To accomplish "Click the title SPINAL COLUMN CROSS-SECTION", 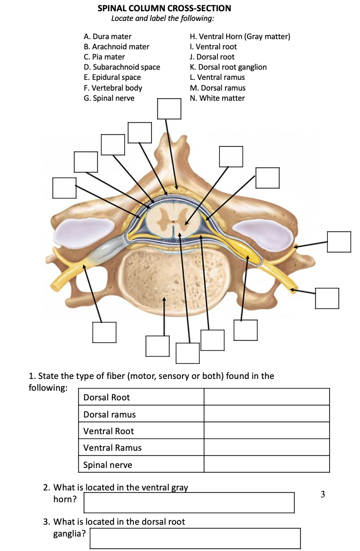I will [164, 8].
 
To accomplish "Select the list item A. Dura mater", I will [108, 36].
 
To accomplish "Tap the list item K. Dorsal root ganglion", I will [228, 67].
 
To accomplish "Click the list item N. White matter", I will [217, 98].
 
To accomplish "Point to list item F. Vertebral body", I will [113, 87].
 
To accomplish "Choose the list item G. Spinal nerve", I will [109, 98].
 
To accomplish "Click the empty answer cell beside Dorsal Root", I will [266, 397].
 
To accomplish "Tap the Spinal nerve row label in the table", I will [108, 465].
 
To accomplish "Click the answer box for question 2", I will [189, 502].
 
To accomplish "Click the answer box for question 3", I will [195, 538].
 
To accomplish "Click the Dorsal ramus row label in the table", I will [109, 414].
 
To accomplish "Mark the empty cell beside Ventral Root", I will [266, 431].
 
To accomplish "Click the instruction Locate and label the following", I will [162, 18].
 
